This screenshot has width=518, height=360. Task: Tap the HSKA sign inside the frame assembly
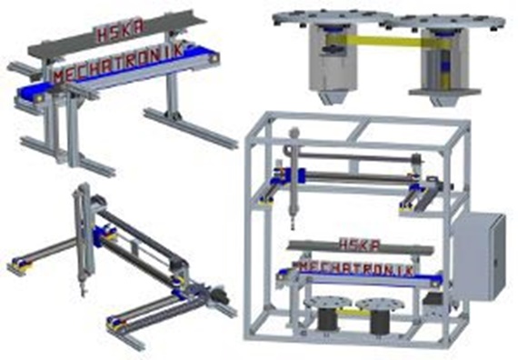[360, 245]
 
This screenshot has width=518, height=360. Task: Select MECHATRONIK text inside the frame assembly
[356, 269]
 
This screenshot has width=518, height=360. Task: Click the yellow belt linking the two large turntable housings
[384, 41]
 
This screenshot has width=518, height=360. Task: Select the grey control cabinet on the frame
[480, 256]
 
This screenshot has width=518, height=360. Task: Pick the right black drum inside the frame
[380, 321]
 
